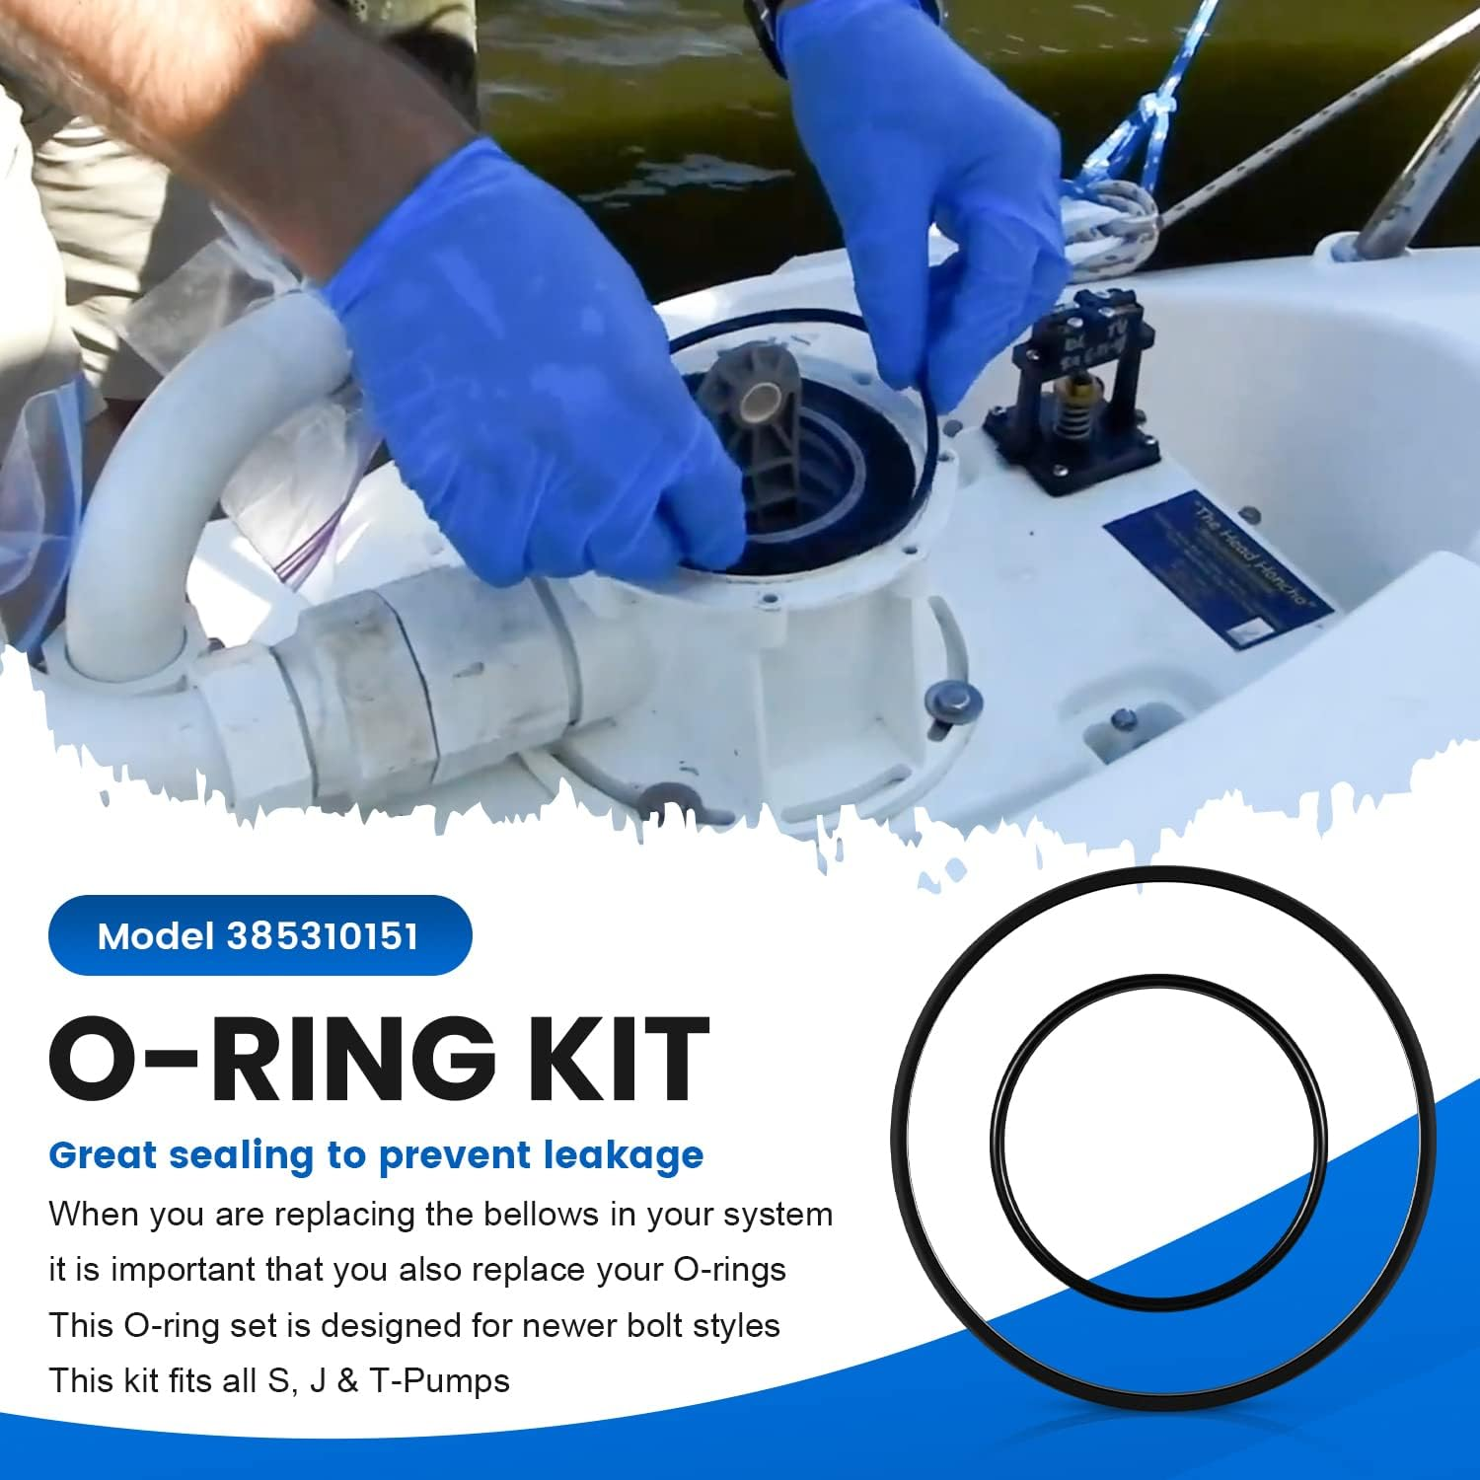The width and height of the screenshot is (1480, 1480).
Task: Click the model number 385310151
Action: (x=323, y=935)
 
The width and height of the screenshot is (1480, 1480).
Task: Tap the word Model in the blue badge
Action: (x=156, y=935)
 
